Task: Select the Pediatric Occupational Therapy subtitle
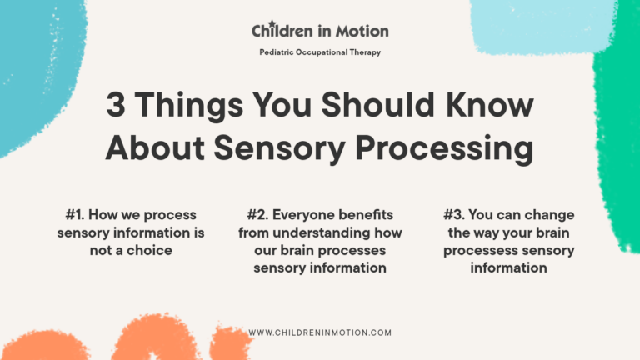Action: tap(320, 52)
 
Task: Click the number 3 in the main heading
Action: tap(116, 107)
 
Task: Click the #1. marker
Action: tap(77, 215)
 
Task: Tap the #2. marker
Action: tap(262, 215)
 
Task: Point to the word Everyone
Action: tap(318, 215)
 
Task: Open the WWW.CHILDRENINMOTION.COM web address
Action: tap(320, 332)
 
